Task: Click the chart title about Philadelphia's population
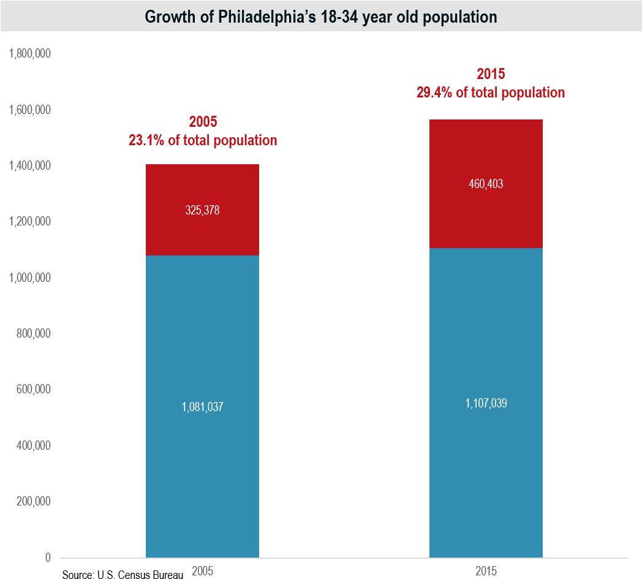point(320,17)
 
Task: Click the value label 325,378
point(202,210)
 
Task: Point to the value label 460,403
point(486,183)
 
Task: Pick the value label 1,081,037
point(202,407)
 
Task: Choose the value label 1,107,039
point(486,403)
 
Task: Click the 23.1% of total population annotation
point(202,140)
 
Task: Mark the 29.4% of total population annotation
point(490,93)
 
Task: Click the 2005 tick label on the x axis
point(202,571)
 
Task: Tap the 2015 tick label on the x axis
point(486,571)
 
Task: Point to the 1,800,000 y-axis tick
point(29,54)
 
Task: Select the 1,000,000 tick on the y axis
point(29,278)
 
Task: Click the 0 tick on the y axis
point(47,558)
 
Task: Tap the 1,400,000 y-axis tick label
point(29,166)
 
